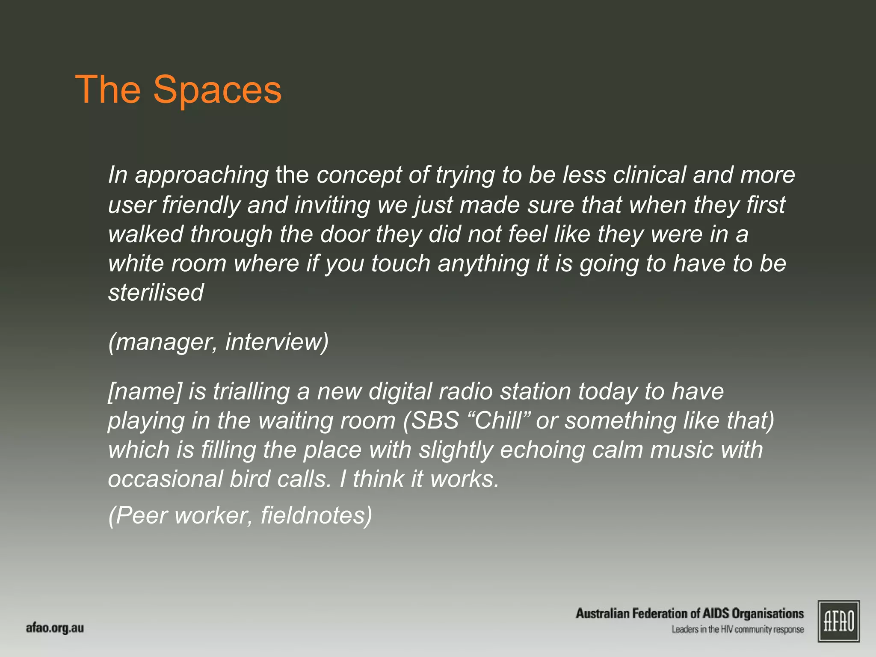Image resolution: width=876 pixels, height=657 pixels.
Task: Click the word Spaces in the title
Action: click(x=217, y=90)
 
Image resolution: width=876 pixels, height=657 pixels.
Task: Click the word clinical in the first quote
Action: click(x=649, y=175)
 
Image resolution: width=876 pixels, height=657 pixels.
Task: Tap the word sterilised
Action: click(x=156, y=293)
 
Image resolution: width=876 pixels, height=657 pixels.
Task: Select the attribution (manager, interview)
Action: click(x=218, y=342)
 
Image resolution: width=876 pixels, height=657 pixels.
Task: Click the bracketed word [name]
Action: click(x=145, y=391)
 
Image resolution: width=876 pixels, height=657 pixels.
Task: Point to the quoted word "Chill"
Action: click(x=498, y=420)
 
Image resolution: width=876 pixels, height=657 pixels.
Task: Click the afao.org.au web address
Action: click(x=55, y=628)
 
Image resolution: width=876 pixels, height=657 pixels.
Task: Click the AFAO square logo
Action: click(x=838, y=621)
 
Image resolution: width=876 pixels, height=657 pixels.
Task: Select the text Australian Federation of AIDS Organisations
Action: click(x=690, y=613)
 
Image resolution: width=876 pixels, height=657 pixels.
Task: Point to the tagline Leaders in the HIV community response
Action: click(x=737, y=629)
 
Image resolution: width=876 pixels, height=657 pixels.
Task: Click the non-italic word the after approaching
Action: click(x=292, y=175)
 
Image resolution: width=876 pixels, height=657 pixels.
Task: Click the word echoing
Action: click(x=542, y=450)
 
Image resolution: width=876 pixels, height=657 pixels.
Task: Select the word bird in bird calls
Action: click(x=250, y=479)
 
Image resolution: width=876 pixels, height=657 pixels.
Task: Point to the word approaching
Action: click(x=201, y=176)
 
